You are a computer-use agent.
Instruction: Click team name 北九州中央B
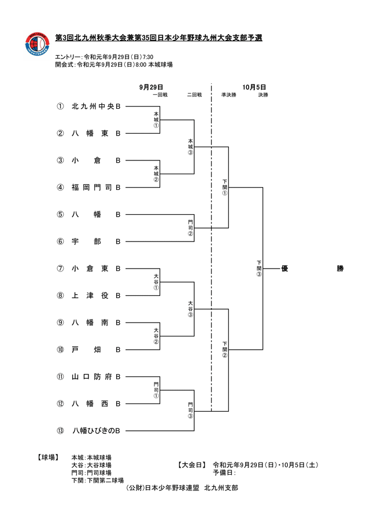[x=96, y=107]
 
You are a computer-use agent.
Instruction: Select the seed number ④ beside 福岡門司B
[x=60, y=188]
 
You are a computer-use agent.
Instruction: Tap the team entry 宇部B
[x=96, y=241]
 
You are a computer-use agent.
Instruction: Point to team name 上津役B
[x=96, y=296]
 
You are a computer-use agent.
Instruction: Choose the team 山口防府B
[x=96, y=377]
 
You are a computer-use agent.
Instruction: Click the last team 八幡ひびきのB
[x=96, y=431]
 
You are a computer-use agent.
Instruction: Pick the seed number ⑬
[x=60, y=431]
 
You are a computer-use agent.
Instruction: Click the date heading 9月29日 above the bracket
[x=151, y=87]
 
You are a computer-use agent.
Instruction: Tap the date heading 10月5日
[x=254, y=87]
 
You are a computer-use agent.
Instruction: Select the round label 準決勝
[x=228, y=94]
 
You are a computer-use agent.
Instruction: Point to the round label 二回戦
[x=194, y=94]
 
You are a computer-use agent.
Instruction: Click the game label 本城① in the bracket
[x=156, y=119]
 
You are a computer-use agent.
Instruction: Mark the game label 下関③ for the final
[x=259, y=269]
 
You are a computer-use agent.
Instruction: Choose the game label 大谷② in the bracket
[x=156, y=336]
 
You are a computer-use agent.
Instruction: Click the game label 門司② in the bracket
[x=190, y=228]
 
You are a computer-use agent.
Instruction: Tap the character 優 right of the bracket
[x=284, y=269]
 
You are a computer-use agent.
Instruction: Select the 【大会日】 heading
[x=193, y=465]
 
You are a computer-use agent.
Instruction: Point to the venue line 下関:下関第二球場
[x=97, y=481]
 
